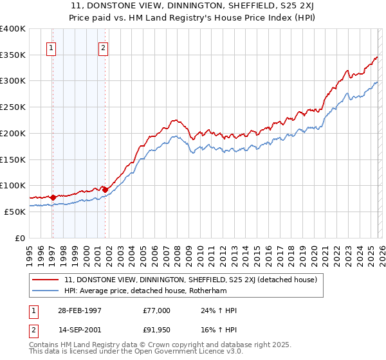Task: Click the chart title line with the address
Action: pyautogui.click(x=193, y=6)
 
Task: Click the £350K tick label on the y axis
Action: pyautogui.click(x=12, y=55)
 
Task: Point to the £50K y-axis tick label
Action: pyautogui.click(x=14, y=212)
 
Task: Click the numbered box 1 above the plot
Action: pyautogui.click(x=51, y=46)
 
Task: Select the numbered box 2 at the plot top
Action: pyautogui.click(x=103, y=46)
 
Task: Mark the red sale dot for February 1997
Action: pyautogui.click(x=53, y=197)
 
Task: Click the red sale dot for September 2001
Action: pyautogui.click(x=105, y=190)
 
